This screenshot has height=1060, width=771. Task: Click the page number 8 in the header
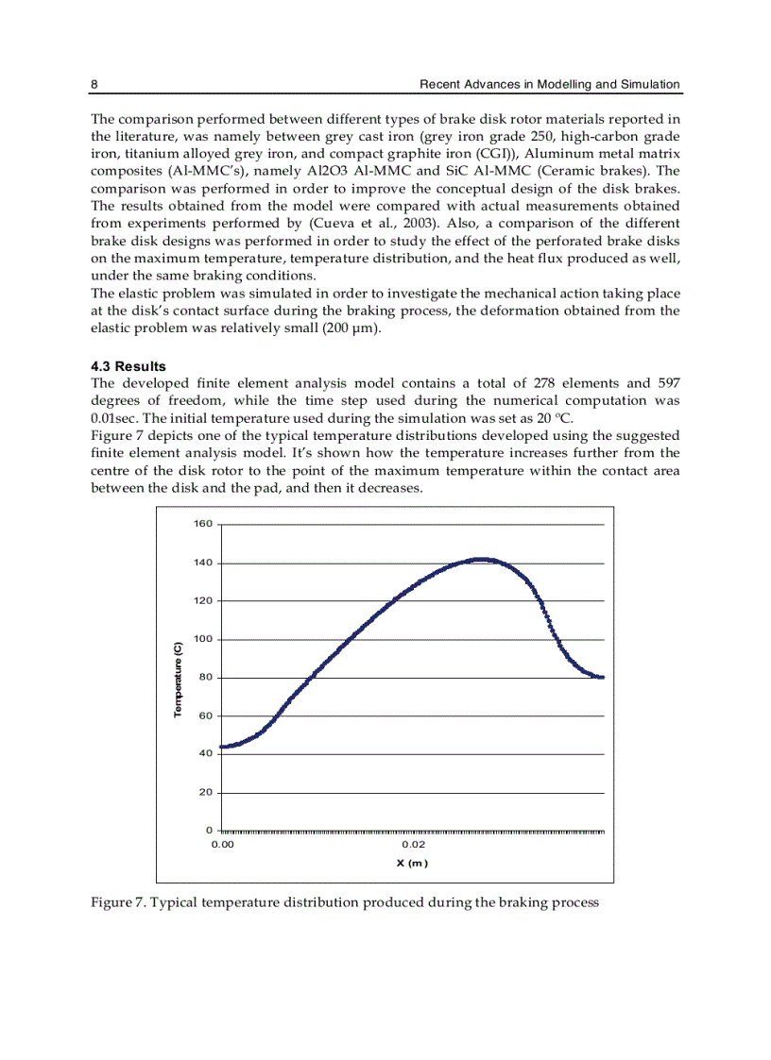(94, 84)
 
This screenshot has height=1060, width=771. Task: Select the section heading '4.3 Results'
(128, 365)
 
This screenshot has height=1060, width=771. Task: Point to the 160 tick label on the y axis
(202, 525)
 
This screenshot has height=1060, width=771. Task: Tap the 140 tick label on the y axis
(202, 564)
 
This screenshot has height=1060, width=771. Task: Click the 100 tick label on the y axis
(202, 640)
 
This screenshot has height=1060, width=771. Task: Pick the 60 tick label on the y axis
(205, 716)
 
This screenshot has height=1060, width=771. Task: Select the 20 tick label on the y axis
(205, 793)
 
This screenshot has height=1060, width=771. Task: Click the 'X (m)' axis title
(412, 863)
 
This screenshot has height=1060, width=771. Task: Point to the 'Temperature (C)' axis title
(177, 679)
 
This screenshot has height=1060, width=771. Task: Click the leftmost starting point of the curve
(221, 747)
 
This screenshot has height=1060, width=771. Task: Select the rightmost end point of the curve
(603, 677)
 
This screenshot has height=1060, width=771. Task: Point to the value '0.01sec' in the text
(114, 418)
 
